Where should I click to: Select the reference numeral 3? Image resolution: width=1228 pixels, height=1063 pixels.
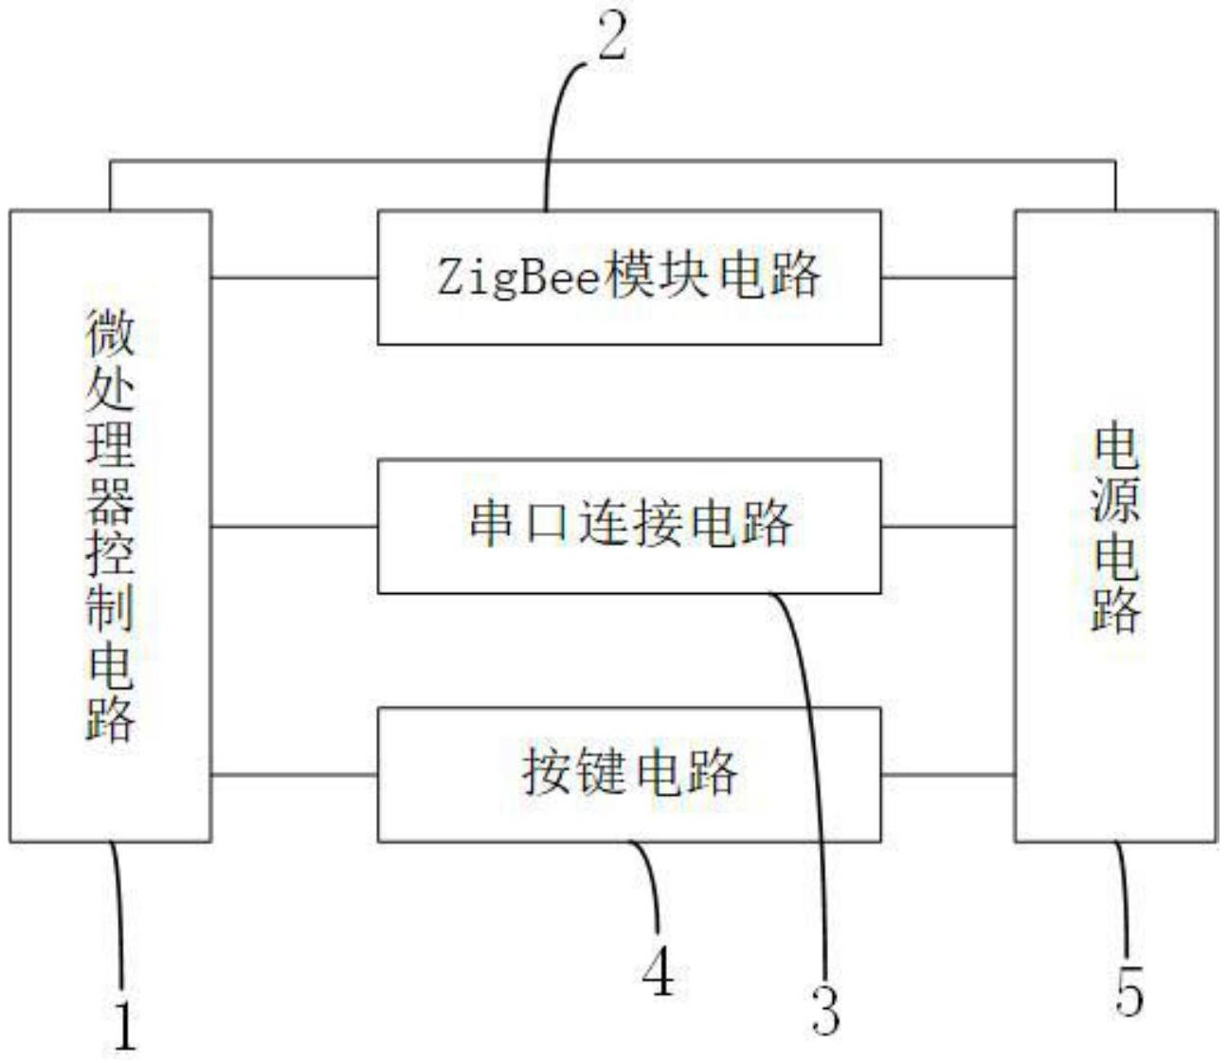[825, 1010]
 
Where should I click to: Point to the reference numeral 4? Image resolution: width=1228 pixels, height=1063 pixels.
[658, 971]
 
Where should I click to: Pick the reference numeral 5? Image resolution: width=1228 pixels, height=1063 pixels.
[1129, 992]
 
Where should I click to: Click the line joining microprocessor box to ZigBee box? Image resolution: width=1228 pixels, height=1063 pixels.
[294, 278]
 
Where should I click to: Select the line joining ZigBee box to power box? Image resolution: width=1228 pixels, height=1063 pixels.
[948, 278]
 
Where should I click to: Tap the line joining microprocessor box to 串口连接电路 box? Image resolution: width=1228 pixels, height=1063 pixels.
[294, 526]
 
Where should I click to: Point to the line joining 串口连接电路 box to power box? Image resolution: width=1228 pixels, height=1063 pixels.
[948, 526]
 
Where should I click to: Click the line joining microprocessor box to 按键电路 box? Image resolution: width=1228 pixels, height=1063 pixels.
[294, 775]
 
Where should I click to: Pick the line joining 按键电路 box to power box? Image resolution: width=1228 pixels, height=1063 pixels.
[948, 775]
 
